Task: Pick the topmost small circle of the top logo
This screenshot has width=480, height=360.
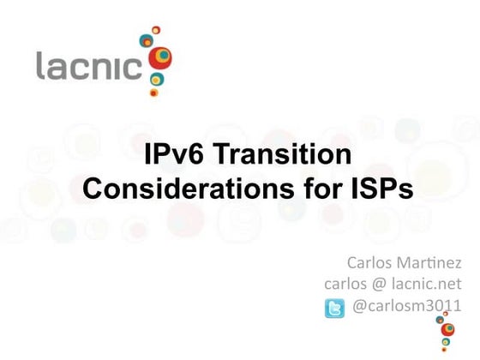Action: [156, 30]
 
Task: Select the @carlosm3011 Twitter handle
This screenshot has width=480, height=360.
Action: [408, 307]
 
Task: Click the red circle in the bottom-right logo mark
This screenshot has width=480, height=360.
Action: [447, 330]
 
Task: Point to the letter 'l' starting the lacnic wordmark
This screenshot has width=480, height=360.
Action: [40, 65]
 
